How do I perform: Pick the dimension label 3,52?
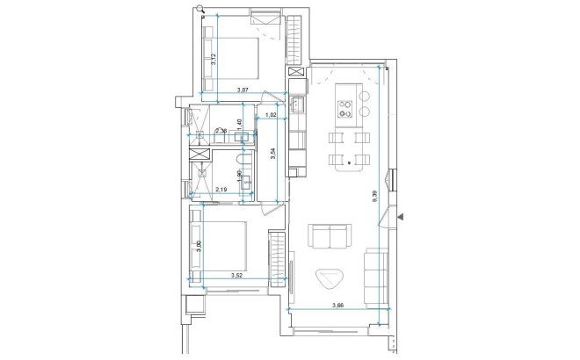coord(236,276)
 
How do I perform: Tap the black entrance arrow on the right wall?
coord(400,214)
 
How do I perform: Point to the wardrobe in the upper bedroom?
coord(294,40)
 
